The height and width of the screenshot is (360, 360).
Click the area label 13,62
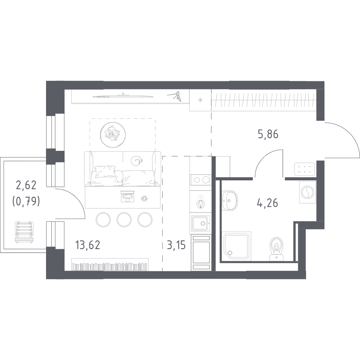coord(88,245)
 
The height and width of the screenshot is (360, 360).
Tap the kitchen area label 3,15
coord(176,245)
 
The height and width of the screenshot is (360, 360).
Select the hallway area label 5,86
coord(268,134)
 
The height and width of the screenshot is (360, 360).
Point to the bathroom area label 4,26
coord(268,203)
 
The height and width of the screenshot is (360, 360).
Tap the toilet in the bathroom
coord(277,249)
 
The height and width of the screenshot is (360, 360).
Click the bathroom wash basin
coord(230,200)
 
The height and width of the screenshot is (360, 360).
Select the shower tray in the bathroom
coord(237,247)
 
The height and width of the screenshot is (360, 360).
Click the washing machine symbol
coord(307,192)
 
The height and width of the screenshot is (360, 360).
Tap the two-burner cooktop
coord(200,180)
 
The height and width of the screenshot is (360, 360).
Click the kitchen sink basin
coord(200,223)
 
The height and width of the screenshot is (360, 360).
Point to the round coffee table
coord(113,135)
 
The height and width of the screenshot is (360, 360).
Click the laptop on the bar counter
coord(127,196)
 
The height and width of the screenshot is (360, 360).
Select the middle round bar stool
coord(124,220)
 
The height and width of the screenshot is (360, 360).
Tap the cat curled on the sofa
coord(137,160)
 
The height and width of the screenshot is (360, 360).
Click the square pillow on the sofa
coord(105,172)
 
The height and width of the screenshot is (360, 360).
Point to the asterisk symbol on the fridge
coord(200,100)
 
